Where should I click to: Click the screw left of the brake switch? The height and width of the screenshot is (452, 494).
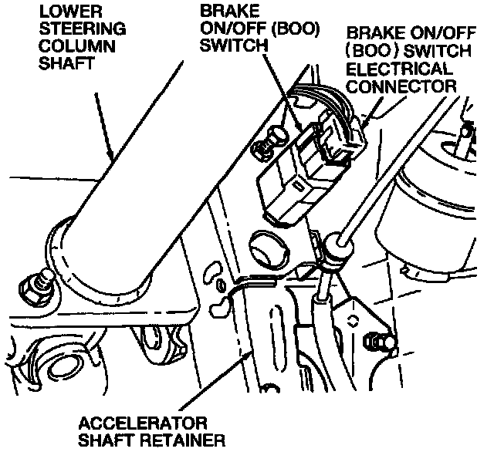269,143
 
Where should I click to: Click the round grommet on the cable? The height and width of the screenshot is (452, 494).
333,248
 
